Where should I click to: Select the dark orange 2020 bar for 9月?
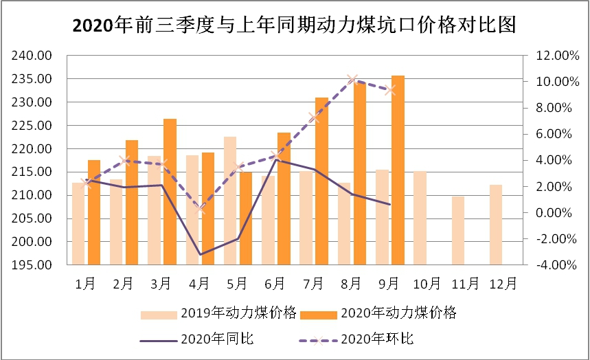[398, 170]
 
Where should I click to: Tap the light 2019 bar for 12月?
[496, 225]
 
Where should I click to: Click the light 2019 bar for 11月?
[458, 230]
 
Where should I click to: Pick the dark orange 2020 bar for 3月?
[170, 192]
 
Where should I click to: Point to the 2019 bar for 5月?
[229, 201]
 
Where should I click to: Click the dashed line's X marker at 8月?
[353, 80]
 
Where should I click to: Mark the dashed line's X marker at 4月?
[201, 208]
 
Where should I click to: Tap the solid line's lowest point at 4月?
[201, 255]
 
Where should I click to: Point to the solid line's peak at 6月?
[277, 159]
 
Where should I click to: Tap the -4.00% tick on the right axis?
[550, 265]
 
